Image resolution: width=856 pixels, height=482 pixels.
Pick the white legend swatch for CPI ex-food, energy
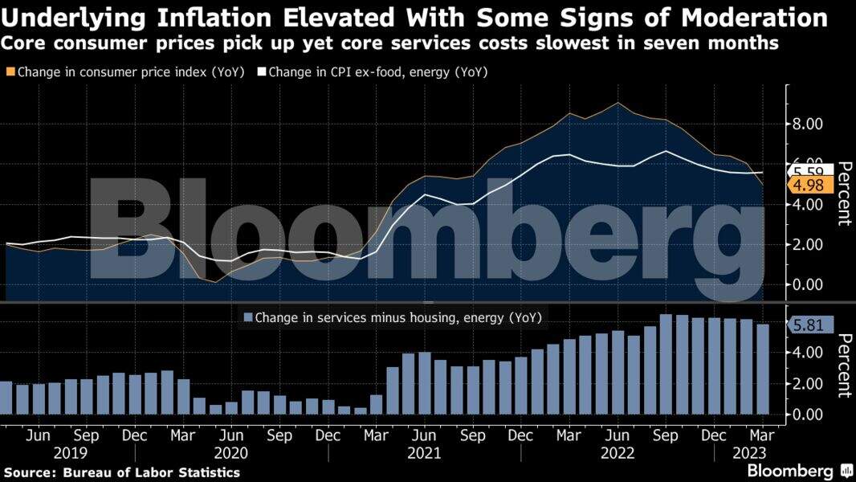[261, 72]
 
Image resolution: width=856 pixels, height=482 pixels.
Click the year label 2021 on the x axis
[424, 452]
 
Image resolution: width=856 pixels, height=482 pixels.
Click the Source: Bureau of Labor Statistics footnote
[122, 472]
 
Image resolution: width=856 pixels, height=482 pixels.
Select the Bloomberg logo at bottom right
[795, 471]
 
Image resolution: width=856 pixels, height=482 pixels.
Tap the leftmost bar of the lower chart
[6, 398]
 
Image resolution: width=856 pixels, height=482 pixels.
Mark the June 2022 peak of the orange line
[617, 104]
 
